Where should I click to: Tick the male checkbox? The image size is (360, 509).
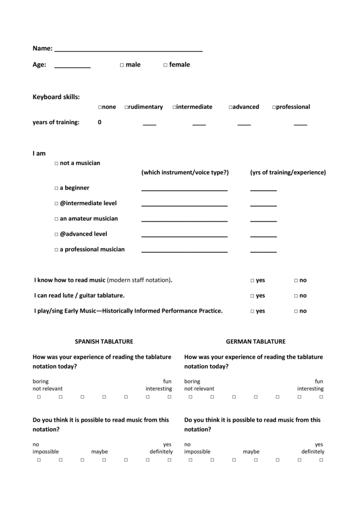(122, 65)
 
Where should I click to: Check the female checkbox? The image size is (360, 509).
(165, 65)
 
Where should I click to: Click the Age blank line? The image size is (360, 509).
(72, 67)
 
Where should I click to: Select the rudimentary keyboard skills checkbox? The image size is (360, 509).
(127, 107)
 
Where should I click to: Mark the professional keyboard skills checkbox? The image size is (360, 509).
(274, 107)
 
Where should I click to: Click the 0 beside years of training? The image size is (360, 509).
(99, 122)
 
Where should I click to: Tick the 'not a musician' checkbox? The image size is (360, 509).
(56, 163)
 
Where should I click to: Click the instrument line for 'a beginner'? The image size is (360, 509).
(184, 190)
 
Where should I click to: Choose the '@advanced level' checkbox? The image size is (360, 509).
(56, 234)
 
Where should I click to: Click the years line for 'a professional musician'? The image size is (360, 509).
(263, 251)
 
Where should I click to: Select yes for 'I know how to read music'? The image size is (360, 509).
(252, 281)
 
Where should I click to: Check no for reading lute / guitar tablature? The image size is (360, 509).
(296, 296)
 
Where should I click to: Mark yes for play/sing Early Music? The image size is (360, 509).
(252, 311)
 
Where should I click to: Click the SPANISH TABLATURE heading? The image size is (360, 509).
(104, 342)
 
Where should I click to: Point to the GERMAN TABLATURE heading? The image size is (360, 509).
(255, 342)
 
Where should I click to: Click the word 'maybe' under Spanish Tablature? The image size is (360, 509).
(99, 452)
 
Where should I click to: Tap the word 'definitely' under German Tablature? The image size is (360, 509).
(313, 452)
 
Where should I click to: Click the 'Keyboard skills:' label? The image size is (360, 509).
(56, 97)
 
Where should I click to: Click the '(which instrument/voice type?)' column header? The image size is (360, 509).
(185, 173)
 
